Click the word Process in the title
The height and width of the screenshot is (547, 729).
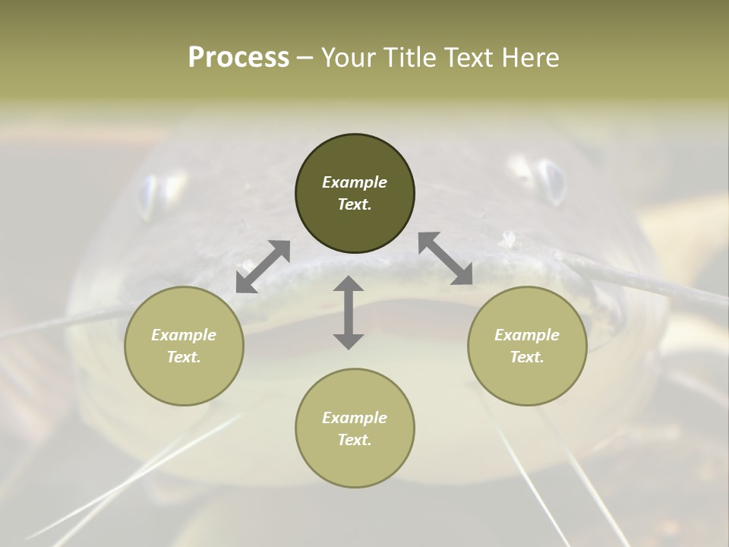pos(238,58)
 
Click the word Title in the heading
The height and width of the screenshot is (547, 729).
pos(407,58)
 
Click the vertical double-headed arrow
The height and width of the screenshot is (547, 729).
pos(349,312)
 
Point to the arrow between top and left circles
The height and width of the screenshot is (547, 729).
pos(264,266)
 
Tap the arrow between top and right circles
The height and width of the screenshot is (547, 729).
pos(446,258)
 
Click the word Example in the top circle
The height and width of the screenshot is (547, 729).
pos(355,182)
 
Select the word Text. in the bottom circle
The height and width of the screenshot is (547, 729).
pos(355,440)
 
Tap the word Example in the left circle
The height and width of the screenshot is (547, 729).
pos(184,335)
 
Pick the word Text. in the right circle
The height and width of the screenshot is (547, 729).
pos(527,357)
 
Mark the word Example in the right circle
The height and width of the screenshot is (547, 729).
pos(527,335)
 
